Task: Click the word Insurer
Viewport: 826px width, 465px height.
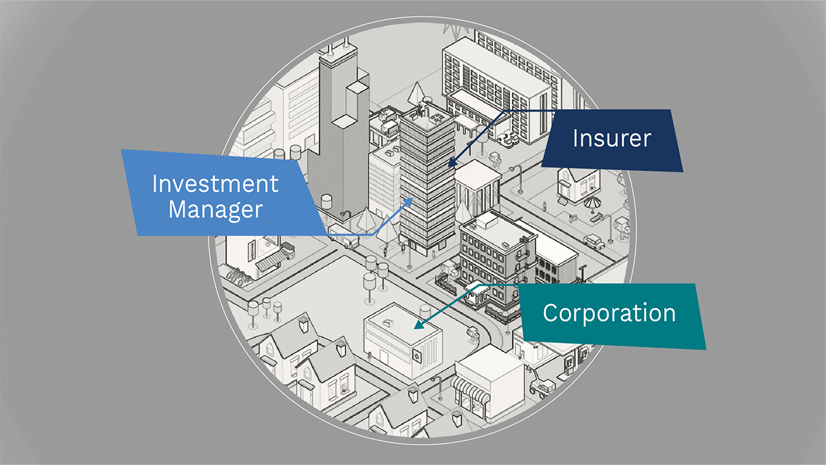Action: [612, 138]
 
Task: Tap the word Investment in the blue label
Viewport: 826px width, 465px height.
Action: [216, 184]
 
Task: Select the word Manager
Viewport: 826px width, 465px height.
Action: [216, 210]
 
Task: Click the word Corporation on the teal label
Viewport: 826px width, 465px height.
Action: [609, 313]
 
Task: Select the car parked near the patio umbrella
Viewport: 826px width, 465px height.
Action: [594, 242]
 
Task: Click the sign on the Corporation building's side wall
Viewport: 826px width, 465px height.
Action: [418, 355]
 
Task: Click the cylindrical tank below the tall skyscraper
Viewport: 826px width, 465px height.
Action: [327, 201]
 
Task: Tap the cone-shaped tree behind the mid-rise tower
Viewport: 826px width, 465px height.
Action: [416, 93]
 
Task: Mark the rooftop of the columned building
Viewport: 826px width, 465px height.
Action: [478, 172]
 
